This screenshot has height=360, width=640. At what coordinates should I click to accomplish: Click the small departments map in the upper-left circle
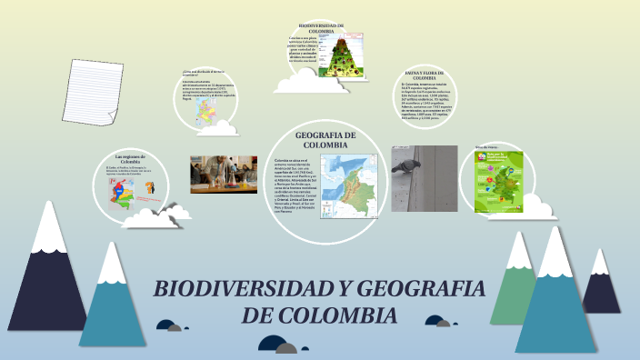(x=206, y=117)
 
